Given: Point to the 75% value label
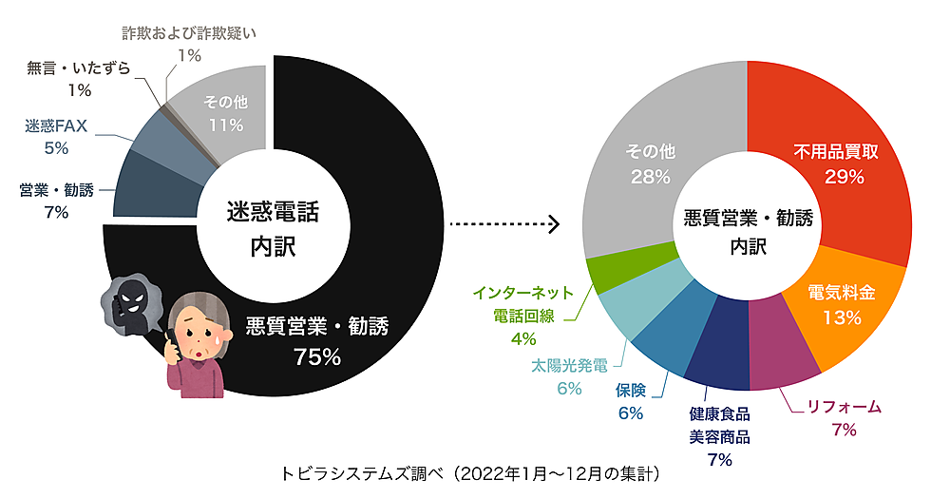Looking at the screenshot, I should [317, 356].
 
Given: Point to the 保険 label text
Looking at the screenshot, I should [631, 391].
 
